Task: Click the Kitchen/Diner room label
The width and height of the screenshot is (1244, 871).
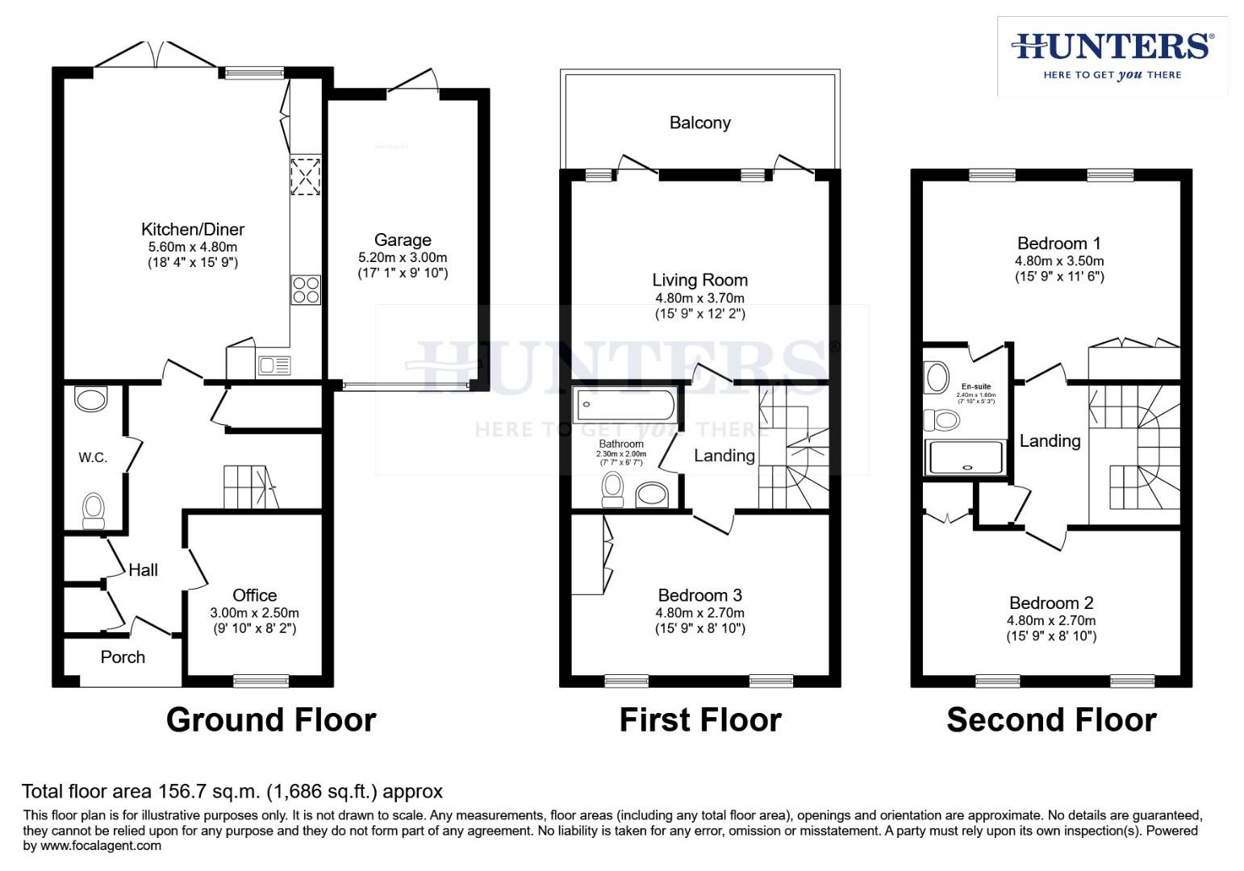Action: (193, 230)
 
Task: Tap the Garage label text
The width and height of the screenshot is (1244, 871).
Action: (403, 240)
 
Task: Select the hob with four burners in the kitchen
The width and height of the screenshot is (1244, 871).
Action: (306, 290)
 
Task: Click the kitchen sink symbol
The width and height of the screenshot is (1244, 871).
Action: (273, 365)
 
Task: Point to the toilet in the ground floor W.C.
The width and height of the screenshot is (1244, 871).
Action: (94, 510)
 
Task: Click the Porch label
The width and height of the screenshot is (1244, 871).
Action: (123, 657)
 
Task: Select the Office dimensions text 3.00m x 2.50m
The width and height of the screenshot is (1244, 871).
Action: (254, 613)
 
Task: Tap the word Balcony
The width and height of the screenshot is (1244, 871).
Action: (699, 123)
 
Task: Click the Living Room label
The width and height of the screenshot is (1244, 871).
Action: (699, 280)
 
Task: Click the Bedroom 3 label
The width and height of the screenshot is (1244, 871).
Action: (699, 595)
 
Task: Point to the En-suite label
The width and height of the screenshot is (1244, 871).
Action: (976, 386)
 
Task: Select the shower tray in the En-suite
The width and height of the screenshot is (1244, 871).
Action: (966, 457)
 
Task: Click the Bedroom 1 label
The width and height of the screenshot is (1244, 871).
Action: (1058, 244)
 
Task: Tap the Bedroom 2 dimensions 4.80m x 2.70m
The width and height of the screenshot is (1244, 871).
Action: (1050, 620)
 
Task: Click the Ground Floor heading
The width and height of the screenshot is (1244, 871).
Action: (271, 719)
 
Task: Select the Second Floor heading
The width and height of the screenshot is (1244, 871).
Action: (1051, 719)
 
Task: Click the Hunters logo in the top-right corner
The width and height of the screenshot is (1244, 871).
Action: (1113, 55)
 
